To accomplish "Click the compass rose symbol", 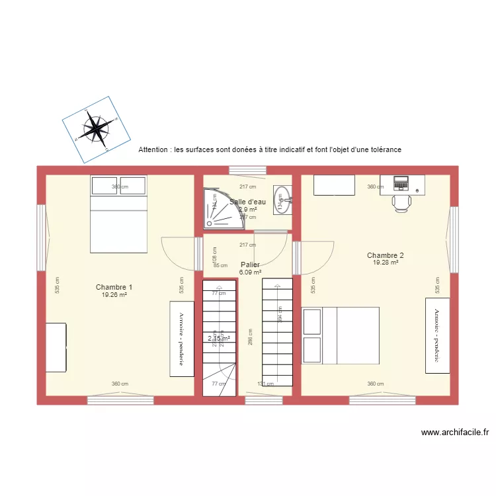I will pos(97,129).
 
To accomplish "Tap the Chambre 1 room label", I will pos(114,287).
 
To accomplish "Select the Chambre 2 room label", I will pos(386,255).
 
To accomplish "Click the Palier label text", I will pos(250,265).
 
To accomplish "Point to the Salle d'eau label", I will pos(247,202).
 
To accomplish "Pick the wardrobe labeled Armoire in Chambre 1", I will pos(182,339).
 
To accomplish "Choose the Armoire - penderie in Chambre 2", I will pos(437,335).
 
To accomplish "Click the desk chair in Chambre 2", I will pos(402,202).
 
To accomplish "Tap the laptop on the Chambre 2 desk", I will pos(401,181).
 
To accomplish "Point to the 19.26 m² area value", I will pos(114,295).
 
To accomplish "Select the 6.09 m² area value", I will pos(250,272).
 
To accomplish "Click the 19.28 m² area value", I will pos(386,263).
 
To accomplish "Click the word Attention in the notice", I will pos(153,150).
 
